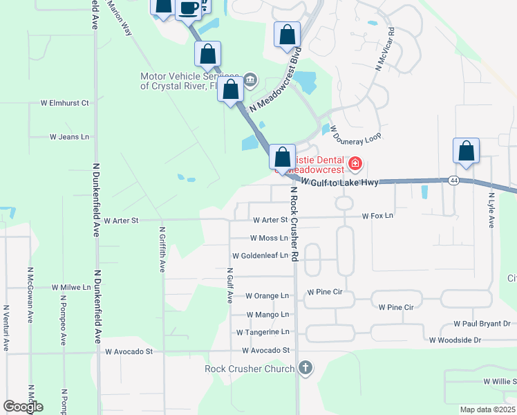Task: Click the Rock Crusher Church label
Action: coord(250,369)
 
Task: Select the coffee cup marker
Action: coord(188,8)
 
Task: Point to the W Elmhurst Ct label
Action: coord(65,103)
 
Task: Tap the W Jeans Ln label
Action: coord(69,137)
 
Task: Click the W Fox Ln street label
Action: coord(377,216)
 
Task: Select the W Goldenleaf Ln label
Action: coord(260,255)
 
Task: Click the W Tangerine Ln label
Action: coord(262,332)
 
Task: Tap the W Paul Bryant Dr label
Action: coord(482,324)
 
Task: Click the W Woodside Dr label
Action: coord(455,340)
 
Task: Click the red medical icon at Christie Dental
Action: coord(355,164)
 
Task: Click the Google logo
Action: coord(23,407)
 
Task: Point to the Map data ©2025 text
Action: coord(487,409)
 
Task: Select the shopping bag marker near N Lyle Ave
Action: coord(467,151)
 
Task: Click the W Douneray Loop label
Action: coord(355,133)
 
